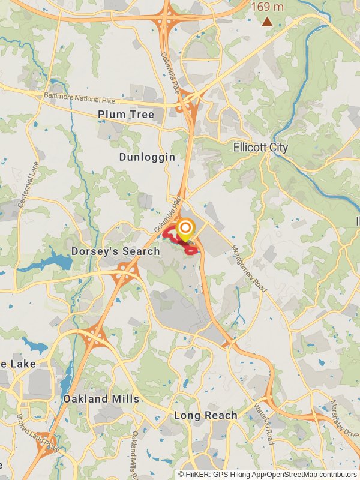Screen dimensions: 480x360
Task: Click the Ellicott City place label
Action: [x=260, y=148]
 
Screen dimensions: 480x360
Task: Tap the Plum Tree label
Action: [x=126, y=114]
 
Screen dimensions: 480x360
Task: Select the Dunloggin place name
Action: [x=147, y=157]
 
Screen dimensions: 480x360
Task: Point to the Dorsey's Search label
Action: [x=116, y=251]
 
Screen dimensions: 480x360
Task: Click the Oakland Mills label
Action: [x=101, y=398]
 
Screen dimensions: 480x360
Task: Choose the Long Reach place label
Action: [x=206, y=415]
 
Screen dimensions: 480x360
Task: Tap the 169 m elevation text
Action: [x=268, y=7]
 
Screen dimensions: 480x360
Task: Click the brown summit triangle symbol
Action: [x=267, y=22]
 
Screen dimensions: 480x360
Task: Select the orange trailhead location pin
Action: [x=185, y=229]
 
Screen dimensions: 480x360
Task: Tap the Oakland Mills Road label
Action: [x=137, y=453]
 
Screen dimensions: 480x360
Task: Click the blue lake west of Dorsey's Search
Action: [x=57, y=262]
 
